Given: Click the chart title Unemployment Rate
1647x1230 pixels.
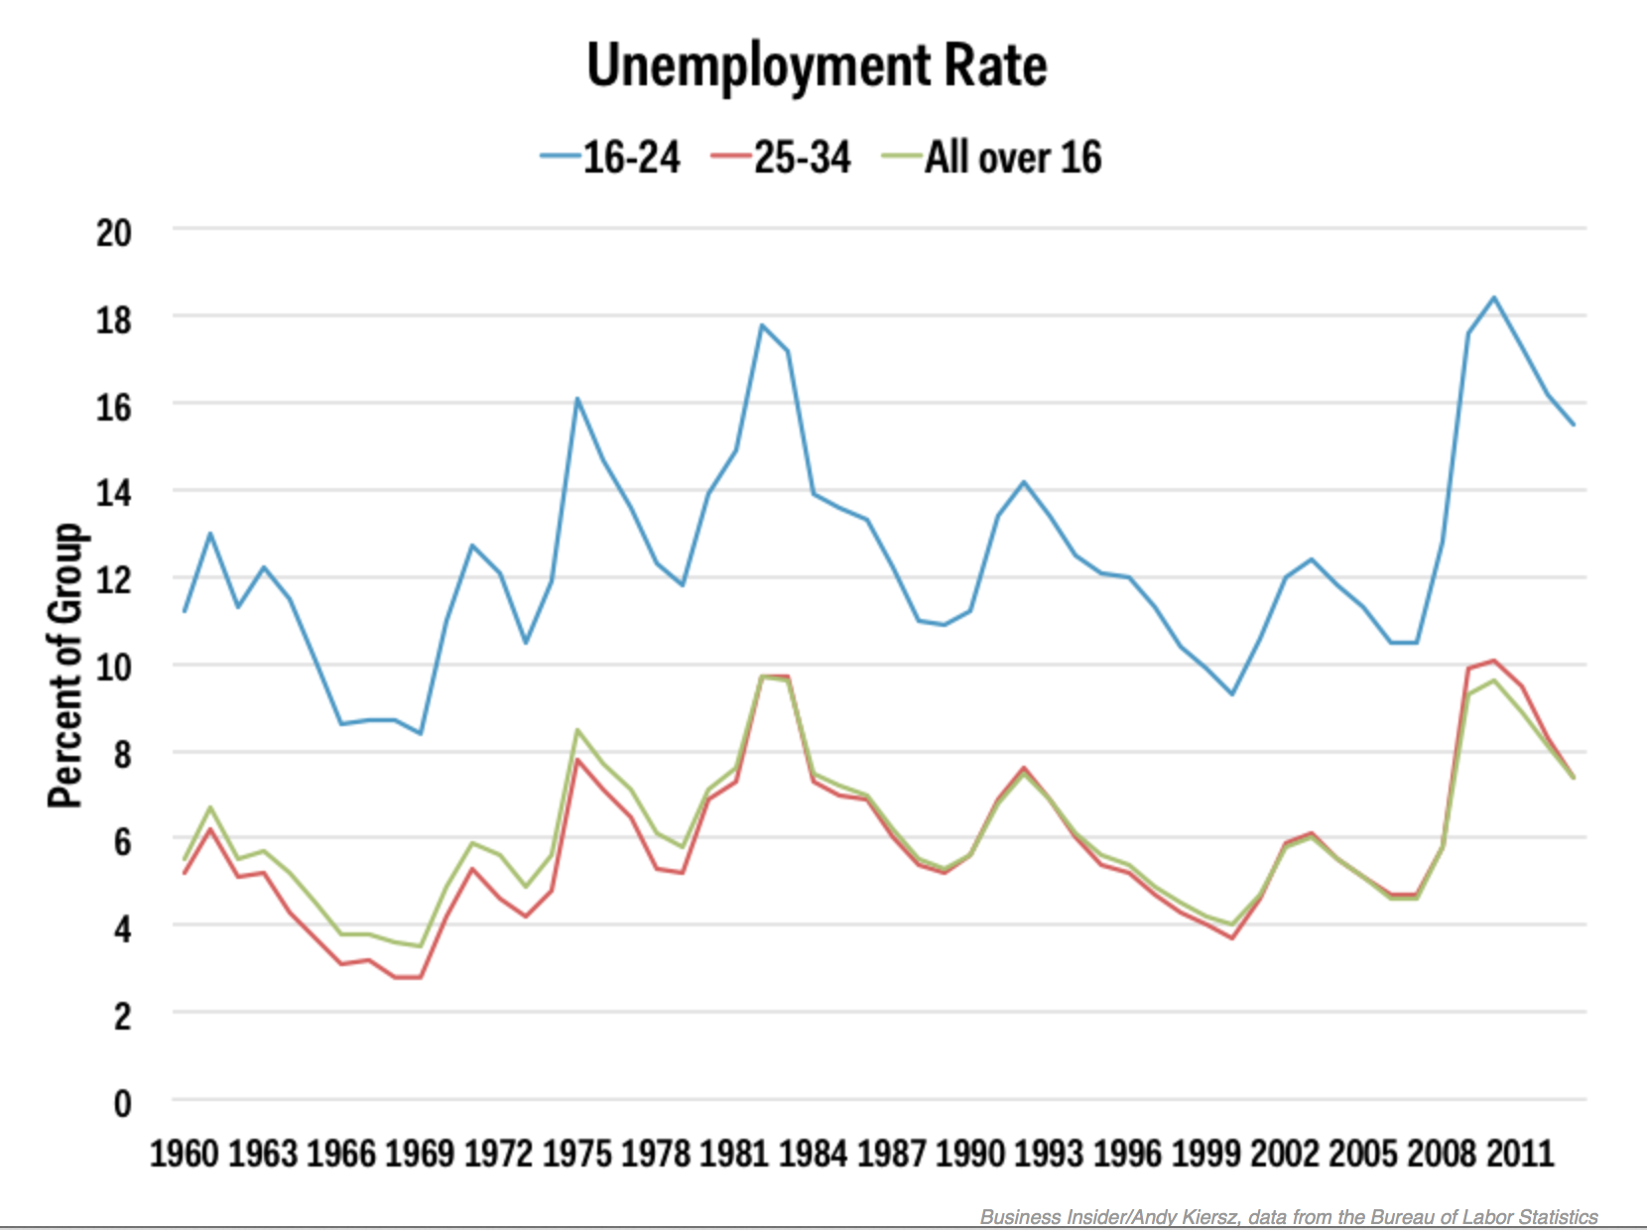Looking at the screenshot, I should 817,67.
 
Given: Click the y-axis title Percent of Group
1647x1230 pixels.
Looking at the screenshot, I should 66,665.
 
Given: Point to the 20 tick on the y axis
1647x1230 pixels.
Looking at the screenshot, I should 114,233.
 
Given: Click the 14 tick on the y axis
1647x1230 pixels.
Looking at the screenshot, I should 114,493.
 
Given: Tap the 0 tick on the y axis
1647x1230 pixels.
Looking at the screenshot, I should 122,1103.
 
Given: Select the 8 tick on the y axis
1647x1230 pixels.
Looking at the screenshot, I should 122,755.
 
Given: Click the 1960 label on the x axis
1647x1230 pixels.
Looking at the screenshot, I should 184,1155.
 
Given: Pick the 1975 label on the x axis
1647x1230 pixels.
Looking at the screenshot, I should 577,1155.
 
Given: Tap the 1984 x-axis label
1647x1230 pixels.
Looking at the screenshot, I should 813,1155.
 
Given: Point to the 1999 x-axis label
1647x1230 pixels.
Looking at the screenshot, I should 1205,1155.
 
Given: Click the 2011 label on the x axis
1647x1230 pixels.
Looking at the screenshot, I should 1519,1155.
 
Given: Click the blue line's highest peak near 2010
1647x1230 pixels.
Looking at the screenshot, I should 1494,297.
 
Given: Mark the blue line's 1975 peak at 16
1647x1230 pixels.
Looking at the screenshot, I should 577,399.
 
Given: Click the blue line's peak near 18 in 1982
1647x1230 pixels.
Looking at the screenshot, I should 761,324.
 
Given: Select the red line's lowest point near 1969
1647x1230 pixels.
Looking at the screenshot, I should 407,977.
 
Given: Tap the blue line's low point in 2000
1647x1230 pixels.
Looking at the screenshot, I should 1232,693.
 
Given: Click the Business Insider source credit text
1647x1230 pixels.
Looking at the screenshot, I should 1289,1217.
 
